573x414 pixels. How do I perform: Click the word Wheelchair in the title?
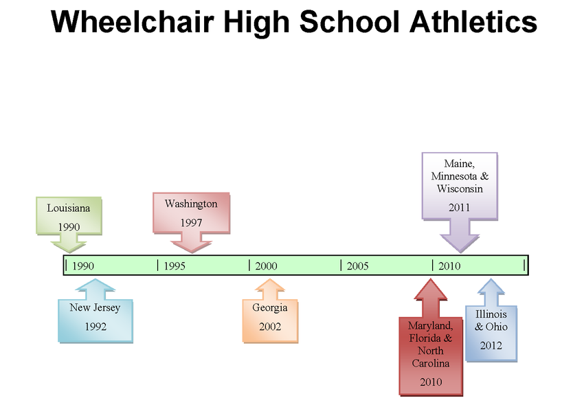click(x=133, y=21)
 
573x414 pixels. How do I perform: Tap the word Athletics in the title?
click(x=473, y=21)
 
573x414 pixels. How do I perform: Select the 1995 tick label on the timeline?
click(x=175, y=266)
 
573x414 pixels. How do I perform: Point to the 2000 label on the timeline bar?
click(x=266, y=266)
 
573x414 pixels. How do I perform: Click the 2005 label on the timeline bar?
click(x=357, y=266)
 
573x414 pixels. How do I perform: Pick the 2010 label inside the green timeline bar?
click(x=449, y=266)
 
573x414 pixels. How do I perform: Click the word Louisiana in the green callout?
click(x=68, y=208)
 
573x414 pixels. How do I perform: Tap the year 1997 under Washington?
click(x=191, y=223)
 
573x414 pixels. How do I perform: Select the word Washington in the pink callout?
click(x=191, y=204)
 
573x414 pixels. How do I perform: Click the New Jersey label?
click(x=95, y=307)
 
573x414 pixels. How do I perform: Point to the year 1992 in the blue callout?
click(x=95, y=327)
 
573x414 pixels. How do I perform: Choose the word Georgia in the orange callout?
click(x=270, y=307)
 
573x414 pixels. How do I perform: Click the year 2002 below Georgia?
click(x=270, y=327)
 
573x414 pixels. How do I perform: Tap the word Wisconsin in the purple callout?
click(x=460, y=188)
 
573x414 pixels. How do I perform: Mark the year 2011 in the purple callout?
click(x=460, y=208)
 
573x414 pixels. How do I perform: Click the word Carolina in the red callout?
click(x=431, y=363)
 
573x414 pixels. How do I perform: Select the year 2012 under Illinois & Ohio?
click(x=491, y=346)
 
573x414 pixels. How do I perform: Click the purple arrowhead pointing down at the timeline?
click(x=460, y=242)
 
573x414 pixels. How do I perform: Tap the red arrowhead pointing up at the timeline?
click(x=431, y=290)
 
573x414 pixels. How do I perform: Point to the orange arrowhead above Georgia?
click(x=270, y=285)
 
